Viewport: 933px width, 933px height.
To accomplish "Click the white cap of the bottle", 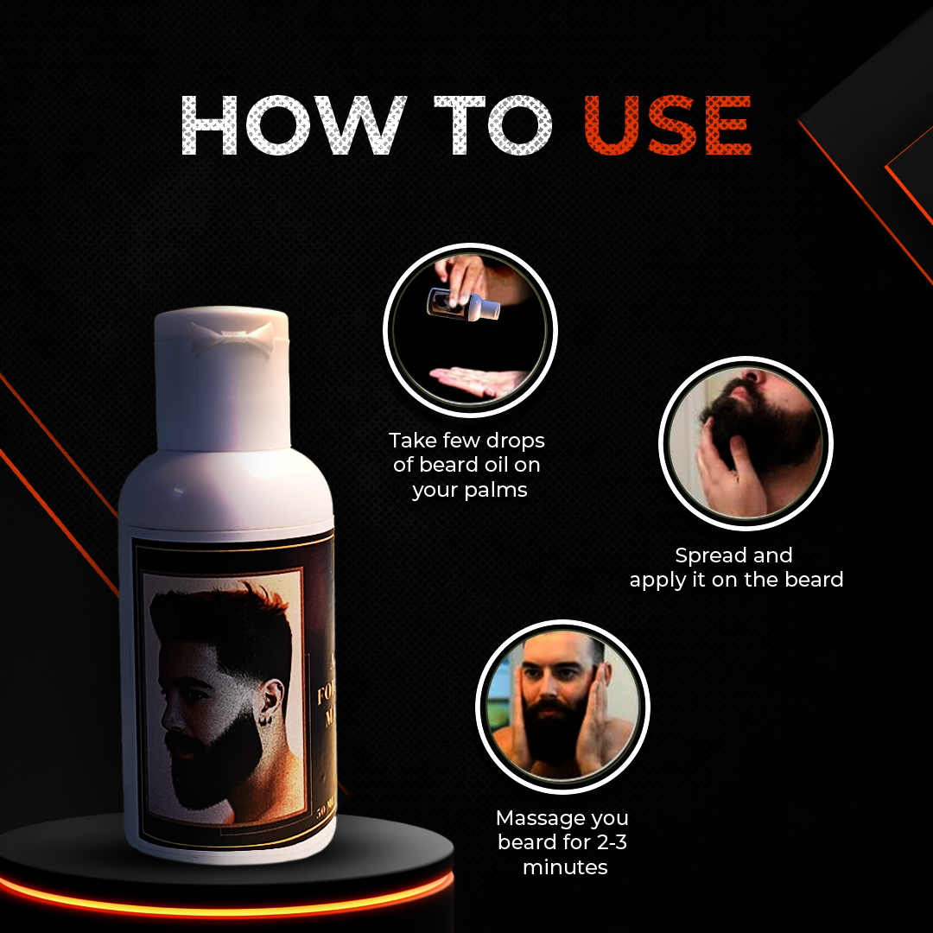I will point(222,380).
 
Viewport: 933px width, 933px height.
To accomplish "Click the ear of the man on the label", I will point(274,693).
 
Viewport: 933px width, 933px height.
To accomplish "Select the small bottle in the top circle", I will point(454,302).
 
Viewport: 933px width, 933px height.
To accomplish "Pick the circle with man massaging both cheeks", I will point(562,707).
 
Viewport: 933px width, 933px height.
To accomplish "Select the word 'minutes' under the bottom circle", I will point(565,866).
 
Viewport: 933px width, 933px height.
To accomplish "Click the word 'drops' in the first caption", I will point(515,441).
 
